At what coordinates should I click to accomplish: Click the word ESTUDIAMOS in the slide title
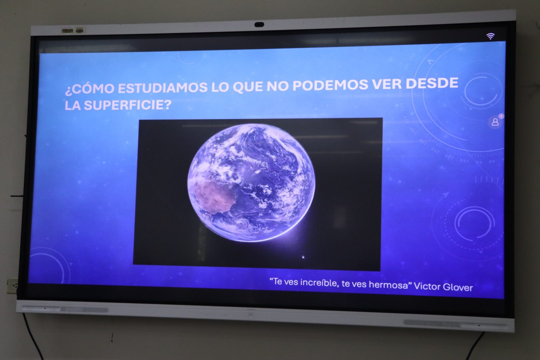(162, 88)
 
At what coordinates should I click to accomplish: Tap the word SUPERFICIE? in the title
(128, 105)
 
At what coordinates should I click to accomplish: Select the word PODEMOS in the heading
(331, 85)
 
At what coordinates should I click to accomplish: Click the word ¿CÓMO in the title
(89, 89)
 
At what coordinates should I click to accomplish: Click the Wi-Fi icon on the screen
(490, 36)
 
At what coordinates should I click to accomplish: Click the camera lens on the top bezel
(259, 25)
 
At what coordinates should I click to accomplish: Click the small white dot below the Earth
(303, 257)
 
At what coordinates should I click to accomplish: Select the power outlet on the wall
(12, 285)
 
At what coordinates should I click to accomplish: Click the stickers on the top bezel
(72, 31)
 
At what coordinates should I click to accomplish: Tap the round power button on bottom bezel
(251, 315)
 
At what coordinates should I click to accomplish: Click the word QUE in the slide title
(248, 86)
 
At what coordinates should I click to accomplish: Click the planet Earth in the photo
(251, 183)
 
